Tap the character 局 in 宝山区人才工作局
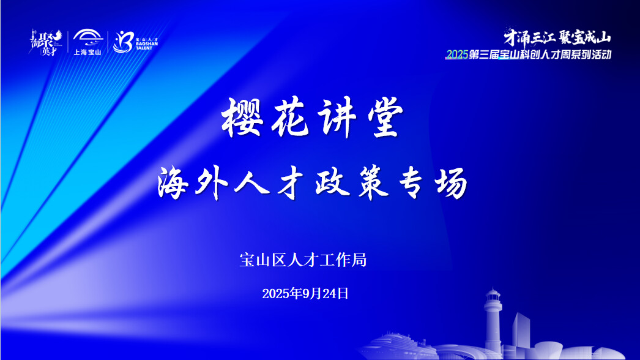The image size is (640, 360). pyautogui.click(x=360, y=260)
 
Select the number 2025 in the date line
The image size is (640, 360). pyautogui.click(x=275, y=293)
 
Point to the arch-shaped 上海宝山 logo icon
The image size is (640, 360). pyautogui.click(x=87, y=37)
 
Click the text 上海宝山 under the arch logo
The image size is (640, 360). pyautogui.click(x=87, y=52)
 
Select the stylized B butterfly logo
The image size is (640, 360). pyautogui.click(x=122, y=42)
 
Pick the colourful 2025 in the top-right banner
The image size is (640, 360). pyautogui.click(x=456, y=55)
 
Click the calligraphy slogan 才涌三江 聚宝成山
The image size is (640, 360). pyautogui.click(x=553, y=38)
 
